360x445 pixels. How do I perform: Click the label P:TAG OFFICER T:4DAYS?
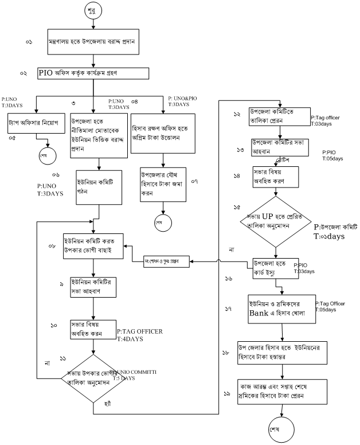point(140,334)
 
